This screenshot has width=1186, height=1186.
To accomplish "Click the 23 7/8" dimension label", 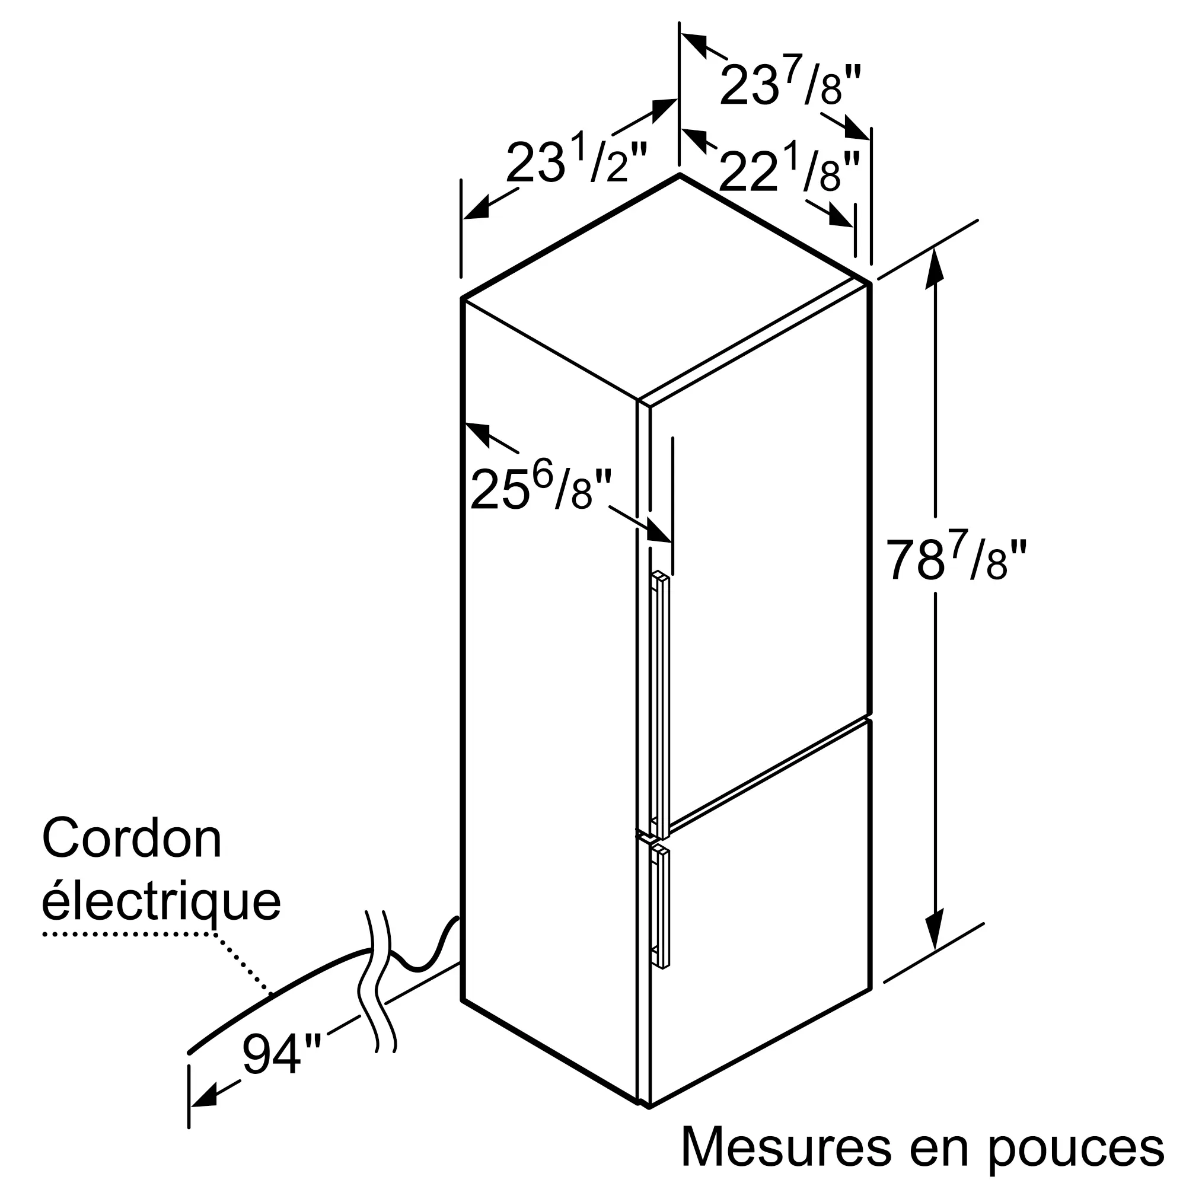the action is (x=790, y=85).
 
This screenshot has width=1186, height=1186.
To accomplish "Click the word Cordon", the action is (x=132, y=839).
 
